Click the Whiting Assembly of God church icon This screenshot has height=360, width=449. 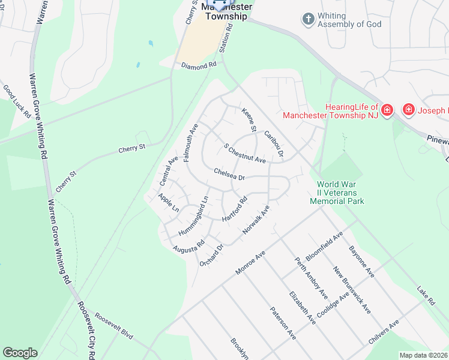[x=308, y=19]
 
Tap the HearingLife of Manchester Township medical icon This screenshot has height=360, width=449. [x=387, y=109]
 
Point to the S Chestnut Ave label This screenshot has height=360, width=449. [x=244, y=153]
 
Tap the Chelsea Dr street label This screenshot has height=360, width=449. [x=229, y=174]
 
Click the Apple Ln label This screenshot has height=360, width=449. [x=169, y=202]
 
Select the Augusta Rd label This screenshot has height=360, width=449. [x=188, y=245]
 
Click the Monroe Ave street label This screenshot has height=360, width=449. [x=250, y=263]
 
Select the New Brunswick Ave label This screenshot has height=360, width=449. [x=352, y=290]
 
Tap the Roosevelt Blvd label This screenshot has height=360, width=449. [x=113, y=325]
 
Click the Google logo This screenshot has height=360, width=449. [x=20, y=353]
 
